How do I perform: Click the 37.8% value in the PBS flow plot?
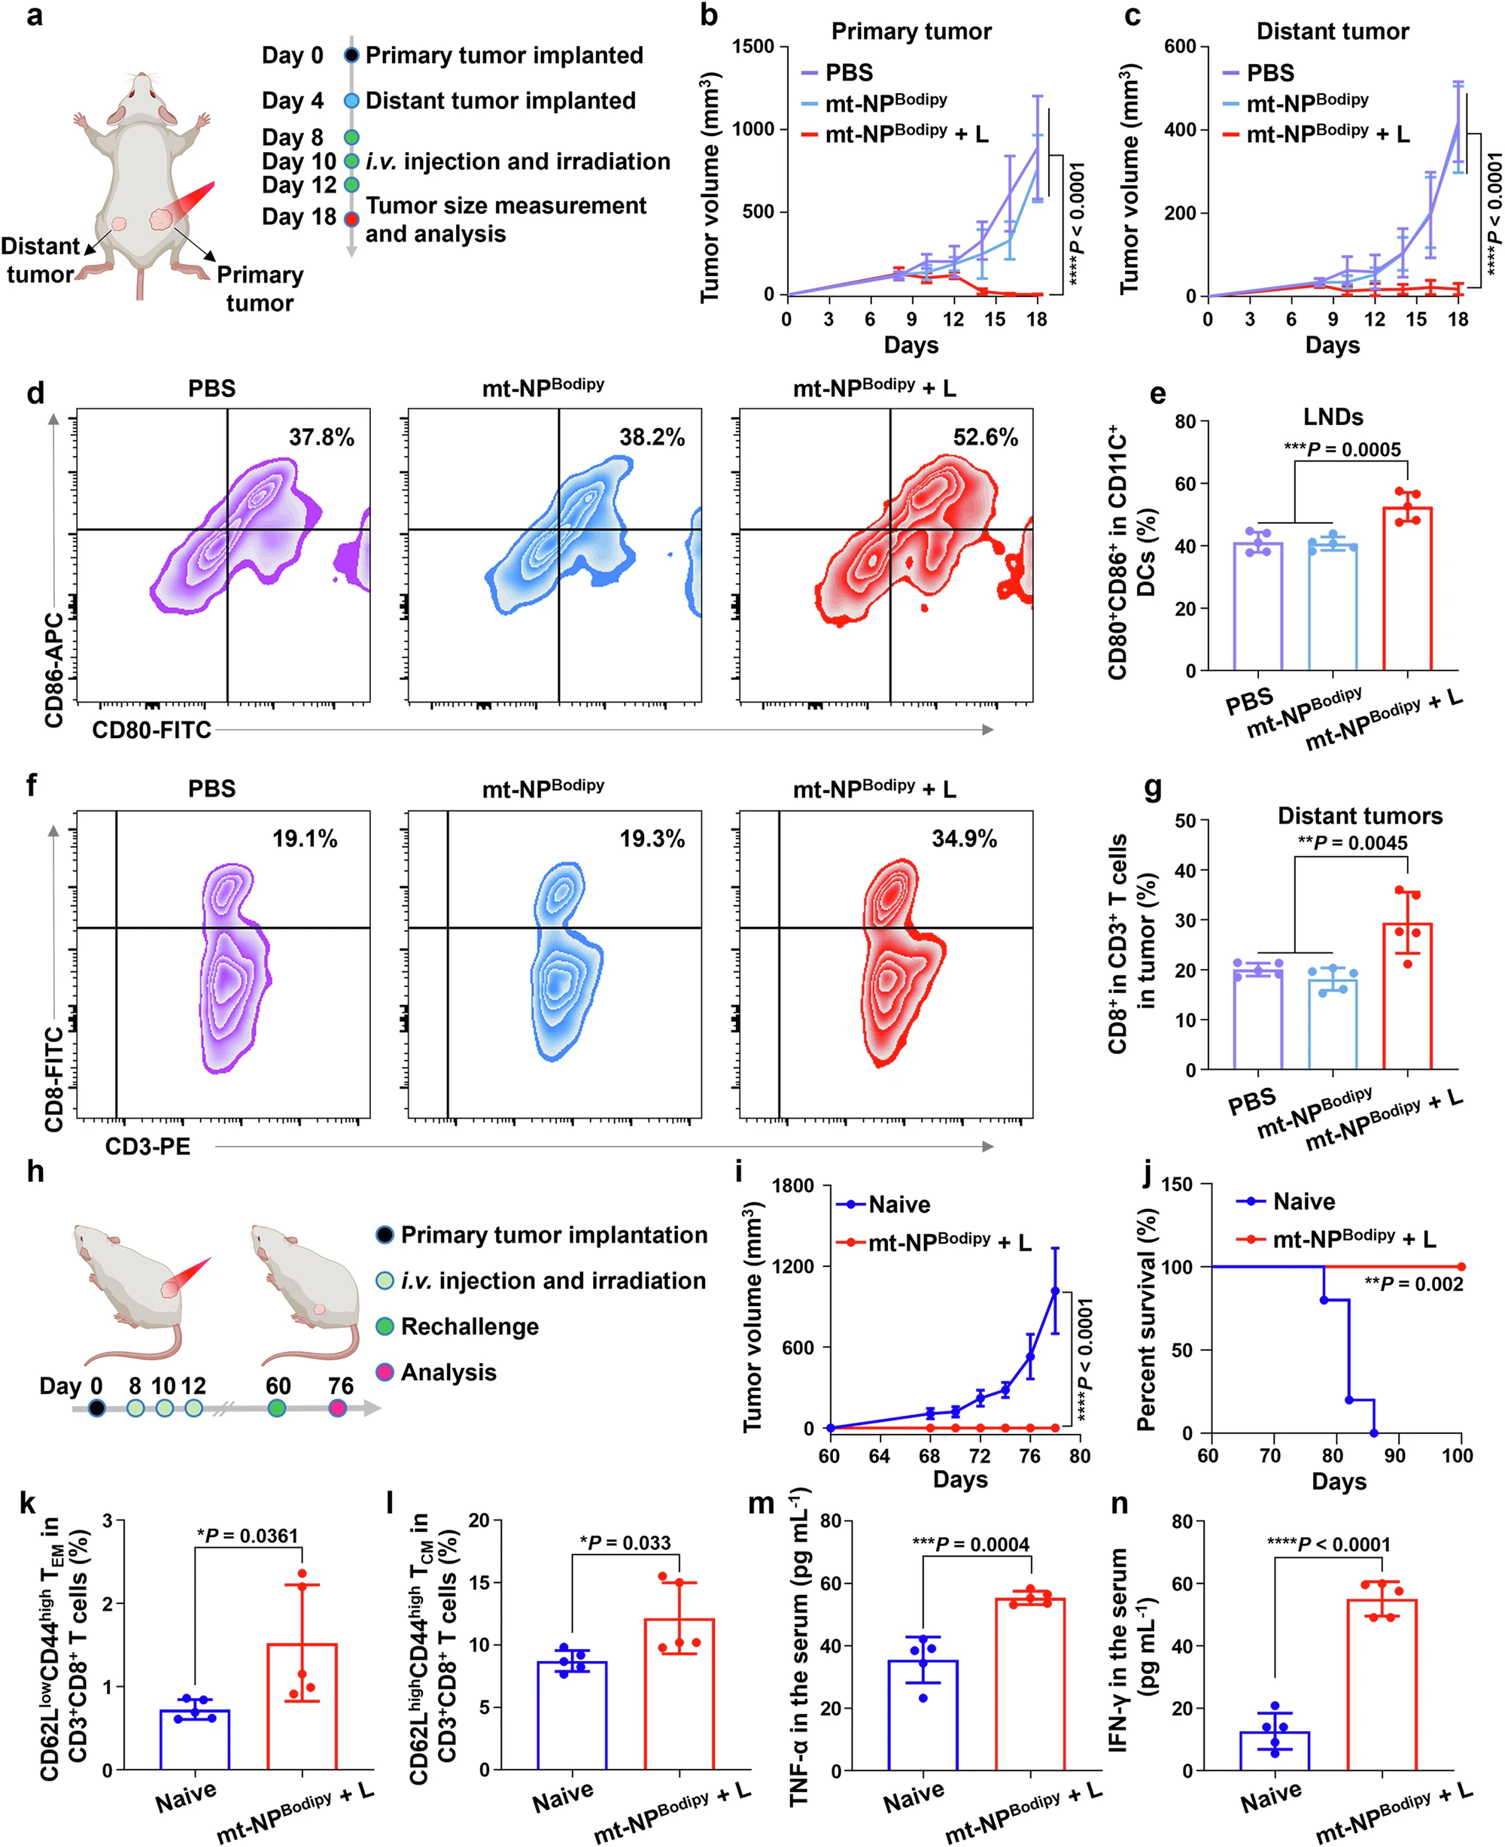click(321, 437)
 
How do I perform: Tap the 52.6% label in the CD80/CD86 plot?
click(985, 437)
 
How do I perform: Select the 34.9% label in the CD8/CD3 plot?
click(963, 838)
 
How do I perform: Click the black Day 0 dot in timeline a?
click(351, 56)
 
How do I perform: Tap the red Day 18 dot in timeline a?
click(351, 218)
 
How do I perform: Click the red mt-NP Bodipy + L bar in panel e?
click(1407, 589)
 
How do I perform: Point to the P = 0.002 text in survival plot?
click(1413, 1283)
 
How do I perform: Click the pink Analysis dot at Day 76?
click(338, 1408)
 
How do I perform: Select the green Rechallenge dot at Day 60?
click(277, 1408)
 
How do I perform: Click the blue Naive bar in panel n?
click(1275, 1750)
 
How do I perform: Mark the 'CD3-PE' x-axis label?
click(147, 1147)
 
